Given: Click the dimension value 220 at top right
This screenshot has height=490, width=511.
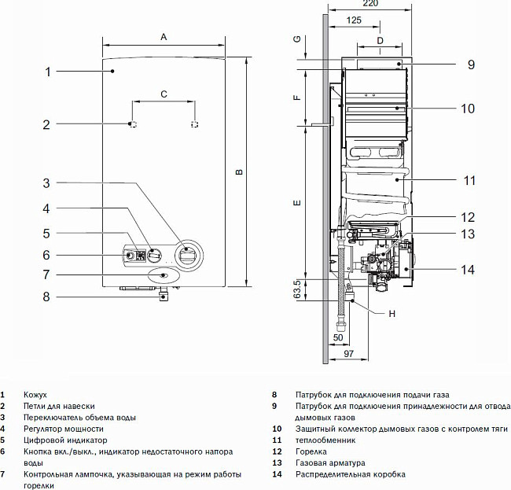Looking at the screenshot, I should click(370, 5).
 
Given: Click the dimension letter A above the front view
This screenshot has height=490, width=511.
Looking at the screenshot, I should click(164, 37).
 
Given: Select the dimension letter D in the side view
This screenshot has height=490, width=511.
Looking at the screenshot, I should click(380, 39).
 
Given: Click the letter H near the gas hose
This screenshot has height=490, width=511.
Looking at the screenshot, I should click(392, 314).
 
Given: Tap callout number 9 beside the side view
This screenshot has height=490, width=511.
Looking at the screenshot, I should click(470, 64).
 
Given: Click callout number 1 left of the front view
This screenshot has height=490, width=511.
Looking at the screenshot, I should click(47, 72).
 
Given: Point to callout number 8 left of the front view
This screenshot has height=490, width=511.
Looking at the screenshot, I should click(46, 297).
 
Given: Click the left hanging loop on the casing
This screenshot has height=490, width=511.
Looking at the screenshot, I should click(133, 124).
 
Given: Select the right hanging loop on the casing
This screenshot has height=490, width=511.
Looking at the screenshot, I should click(194, 124).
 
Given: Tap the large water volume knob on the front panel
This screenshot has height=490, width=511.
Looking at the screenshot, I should click(186, 254).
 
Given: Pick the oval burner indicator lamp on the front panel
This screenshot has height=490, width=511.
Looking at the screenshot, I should click(161, 275).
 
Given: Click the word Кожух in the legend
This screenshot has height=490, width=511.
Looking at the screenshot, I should click(35, 394).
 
